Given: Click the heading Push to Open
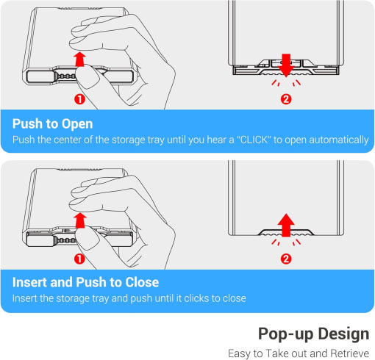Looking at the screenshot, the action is click(x=52, y=123).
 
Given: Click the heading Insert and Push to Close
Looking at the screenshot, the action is click(x=85, y=282).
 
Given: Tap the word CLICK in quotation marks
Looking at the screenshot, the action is click(x=254, y=140).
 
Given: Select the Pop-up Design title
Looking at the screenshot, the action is click(x=313, y=334).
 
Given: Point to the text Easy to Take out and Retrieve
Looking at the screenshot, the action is click(x=299, y=353).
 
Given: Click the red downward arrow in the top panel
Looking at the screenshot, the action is click(x=286, y=65).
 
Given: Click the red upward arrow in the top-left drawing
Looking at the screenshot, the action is click(x=80, y=59).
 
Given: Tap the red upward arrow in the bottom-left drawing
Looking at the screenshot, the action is click(x=80, y=220).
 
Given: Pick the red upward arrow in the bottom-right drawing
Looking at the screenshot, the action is click(x=286, y=225).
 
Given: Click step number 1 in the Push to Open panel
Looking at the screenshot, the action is click(x=79, y=99).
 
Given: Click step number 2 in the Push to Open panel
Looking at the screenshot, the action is click(x=286, y=99).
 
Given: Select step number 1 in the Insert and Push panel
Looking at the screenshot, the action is click(x=79, y=259).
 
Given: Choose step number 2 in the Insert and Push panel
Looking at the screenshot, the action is click(x=286, y=259).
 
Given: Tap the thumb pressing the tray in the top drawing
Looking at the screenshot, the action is click(x=87, y=78).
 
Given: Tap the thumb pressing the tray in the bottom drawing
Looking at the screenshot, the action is click(x=87, y=239).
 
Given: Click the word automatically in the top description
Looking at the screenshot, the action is click(x=339, y=140).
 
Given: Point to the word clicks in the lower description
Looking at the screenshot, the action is click(x=196, y=298).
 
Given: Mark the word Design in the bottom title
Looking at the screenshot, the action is click(x=343, y=334).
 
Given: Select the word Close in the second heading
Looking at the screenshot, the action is click(x=142, y=282).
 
